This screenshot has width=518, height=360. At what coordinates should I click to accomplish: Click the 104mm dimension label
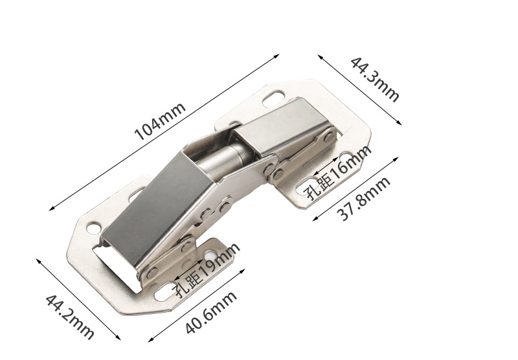(x=160, y=121)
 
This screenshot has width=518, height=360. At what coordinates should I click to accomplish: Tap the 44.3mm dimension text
(x=375, y=79)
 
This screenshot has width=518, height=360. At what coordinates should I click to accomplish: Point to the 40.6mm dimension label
(x=211, y=312)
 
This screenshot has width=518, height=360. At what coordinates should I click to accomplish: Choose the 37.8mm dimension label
(x=364, y=199)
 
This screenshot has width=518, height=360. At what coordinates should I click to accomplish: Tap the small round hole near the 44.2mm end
(x=93, y=228)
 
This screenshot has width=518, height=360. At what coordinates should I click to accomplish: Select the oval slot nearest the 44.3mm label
(x=273, y=100)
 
